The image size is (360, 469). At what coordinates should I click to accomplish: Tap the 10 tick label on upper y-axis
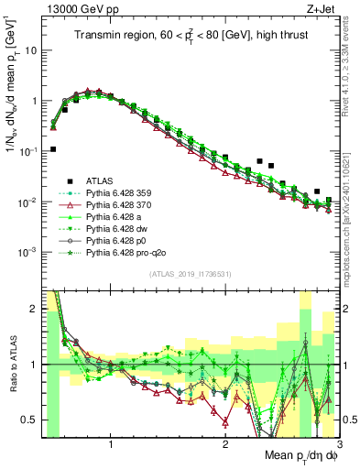click(30, 50)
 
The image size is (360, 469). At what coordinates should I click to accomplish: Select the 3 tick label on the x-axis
click(339, 446)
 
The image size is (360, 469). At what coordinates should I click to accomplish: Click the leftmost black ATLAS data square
click(53, 148)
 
